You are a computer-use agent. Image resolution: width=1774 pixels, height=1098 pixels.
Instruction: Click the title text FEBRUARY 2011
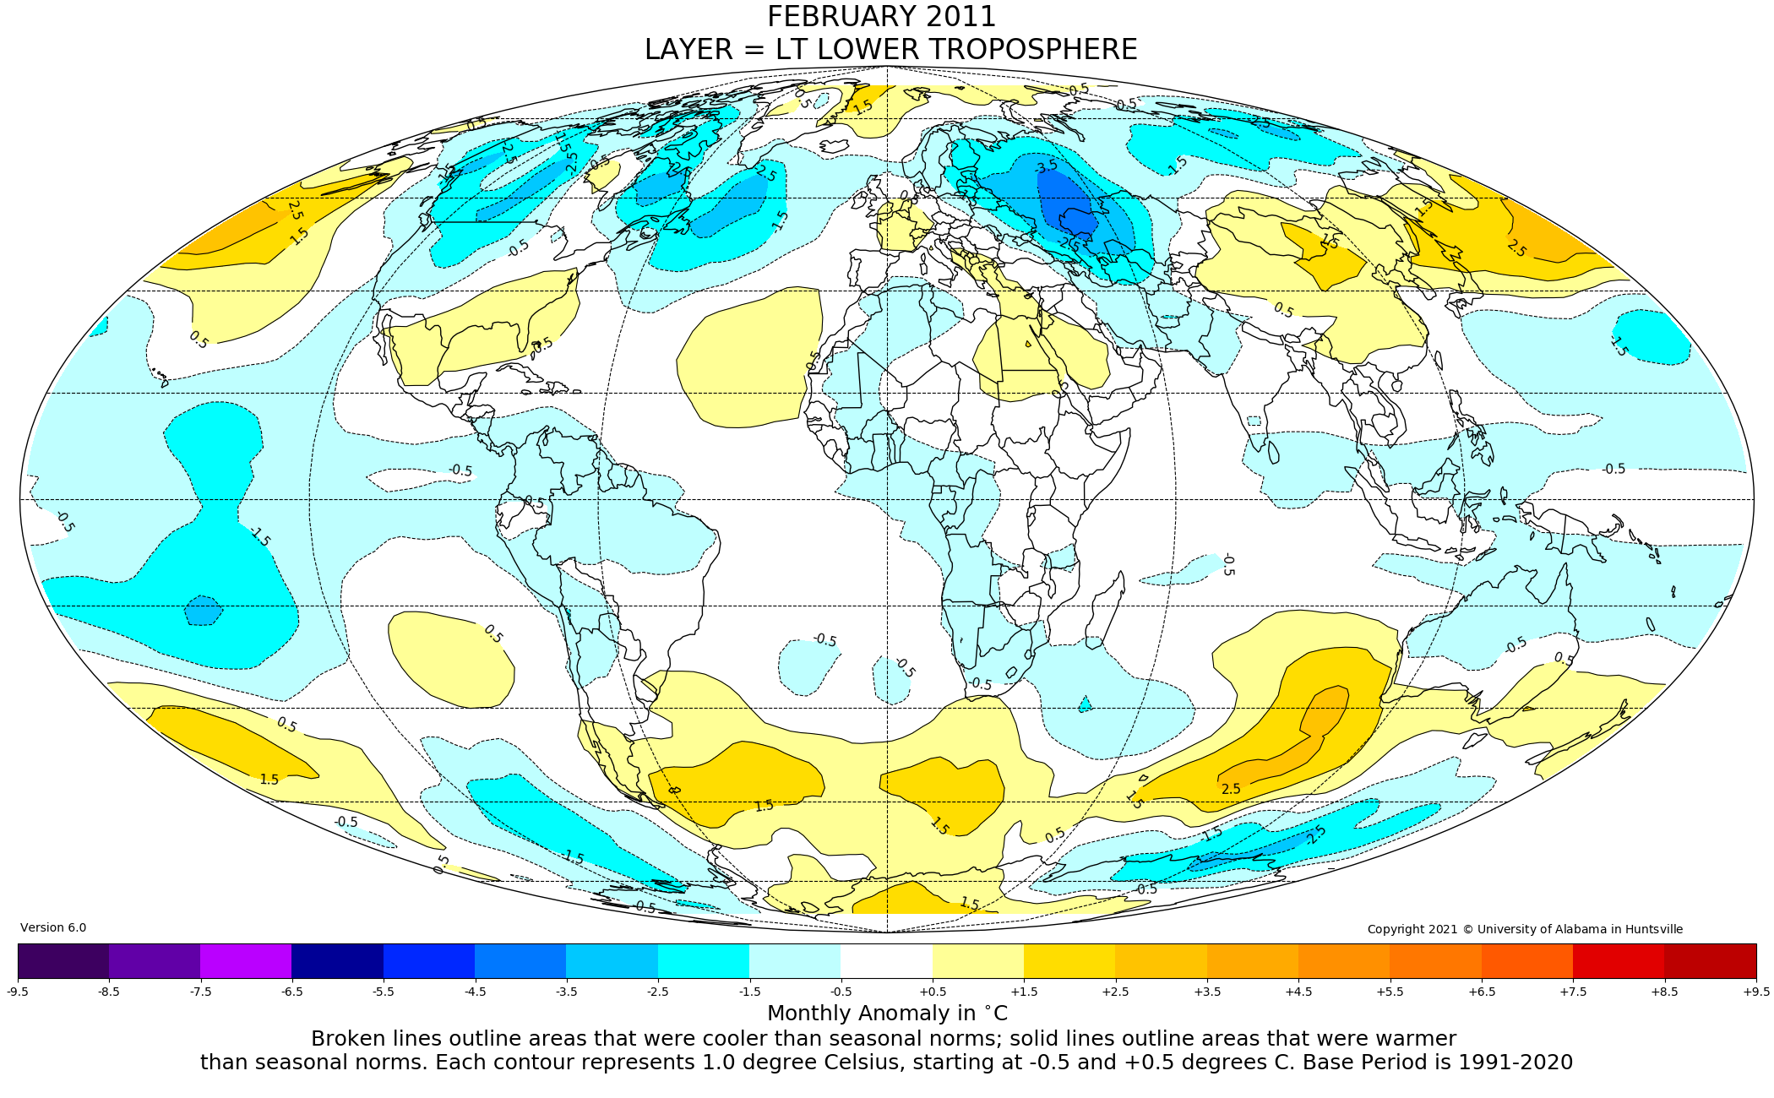point(881,17)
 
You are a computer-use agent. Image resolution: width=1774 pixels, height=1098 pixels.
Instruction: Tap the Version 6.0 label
point(53,927)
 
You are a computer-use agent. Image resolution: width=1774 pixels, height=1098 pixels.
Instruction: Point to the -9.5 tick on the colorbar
point(18,992)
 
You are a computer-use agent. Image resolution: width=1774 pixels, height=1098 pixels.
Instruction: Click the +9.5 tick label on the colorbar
point(1755,992)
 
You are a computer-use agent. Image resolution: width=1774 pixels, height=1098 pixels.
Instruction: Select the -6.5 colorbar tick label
point(291,992)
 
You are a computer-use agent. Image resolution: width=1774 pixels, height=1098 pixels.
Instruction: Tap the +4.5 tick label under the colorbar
point(1298,992)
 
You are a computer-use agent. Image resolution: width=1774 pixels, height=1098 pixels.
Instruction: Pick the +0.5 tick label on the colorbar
point(933,992)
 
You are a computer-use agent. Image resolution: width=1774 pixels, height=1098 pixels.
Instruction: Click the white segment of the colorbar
point(886,961)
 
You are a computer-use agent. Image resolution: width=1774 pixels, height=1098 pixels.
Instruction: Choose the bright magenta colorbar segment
point(246,961)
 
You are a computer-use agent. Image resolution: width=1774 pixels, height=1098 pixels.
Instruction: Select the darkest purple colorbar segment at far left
point(63,961)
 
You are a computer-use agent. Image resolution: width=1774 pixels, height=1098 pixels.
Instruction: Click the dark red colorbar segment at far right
point(1710,961)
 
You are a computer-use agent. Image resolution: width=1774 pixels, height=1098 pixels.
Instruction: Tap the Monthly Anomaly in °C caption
point(887,1014)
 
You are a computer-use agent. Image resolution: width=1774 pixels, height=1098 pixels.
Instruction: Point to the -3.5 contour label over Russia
point(1046,166)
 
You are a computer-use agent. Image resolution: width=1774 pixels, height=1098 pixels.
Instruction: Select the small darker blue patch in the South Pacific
point(204,610)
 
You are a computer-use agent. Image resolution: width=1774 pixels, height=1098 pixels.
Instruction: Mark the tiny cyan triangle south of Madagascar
point(1086,704)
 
